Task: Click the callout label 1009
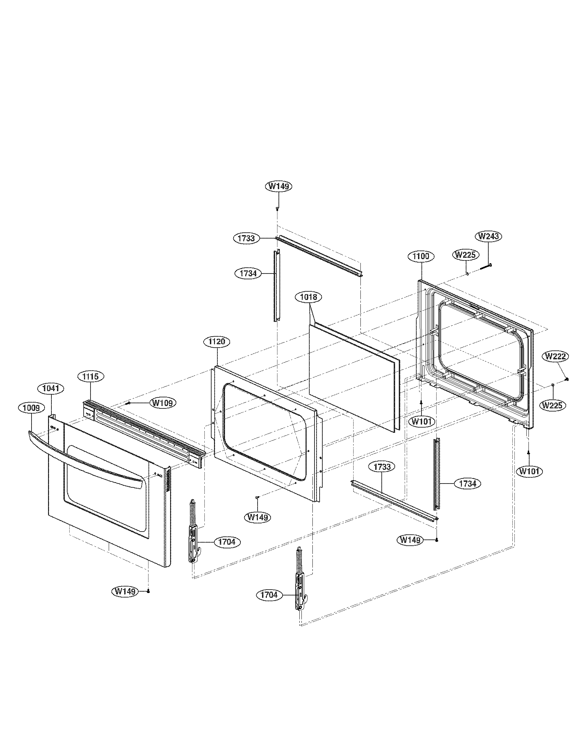[31, 408]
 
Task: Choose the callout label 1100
[421, 256]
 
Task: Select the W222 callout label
[556, 356]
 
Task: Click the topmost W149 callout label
[279, 186]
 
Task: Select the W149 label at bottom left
[125, 591]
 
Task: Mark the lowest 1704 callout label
[269, 595]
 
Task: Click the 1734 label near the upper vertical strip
[248, 273]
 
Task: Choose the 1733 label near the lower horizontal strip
[382, 467]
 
